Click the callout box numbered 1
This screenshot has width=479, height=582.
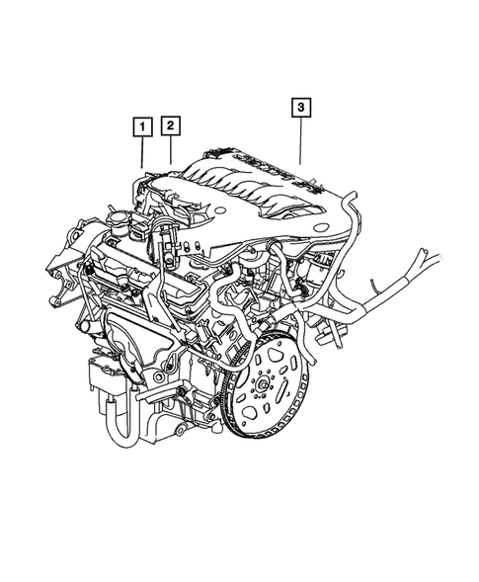click(143, 126)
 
